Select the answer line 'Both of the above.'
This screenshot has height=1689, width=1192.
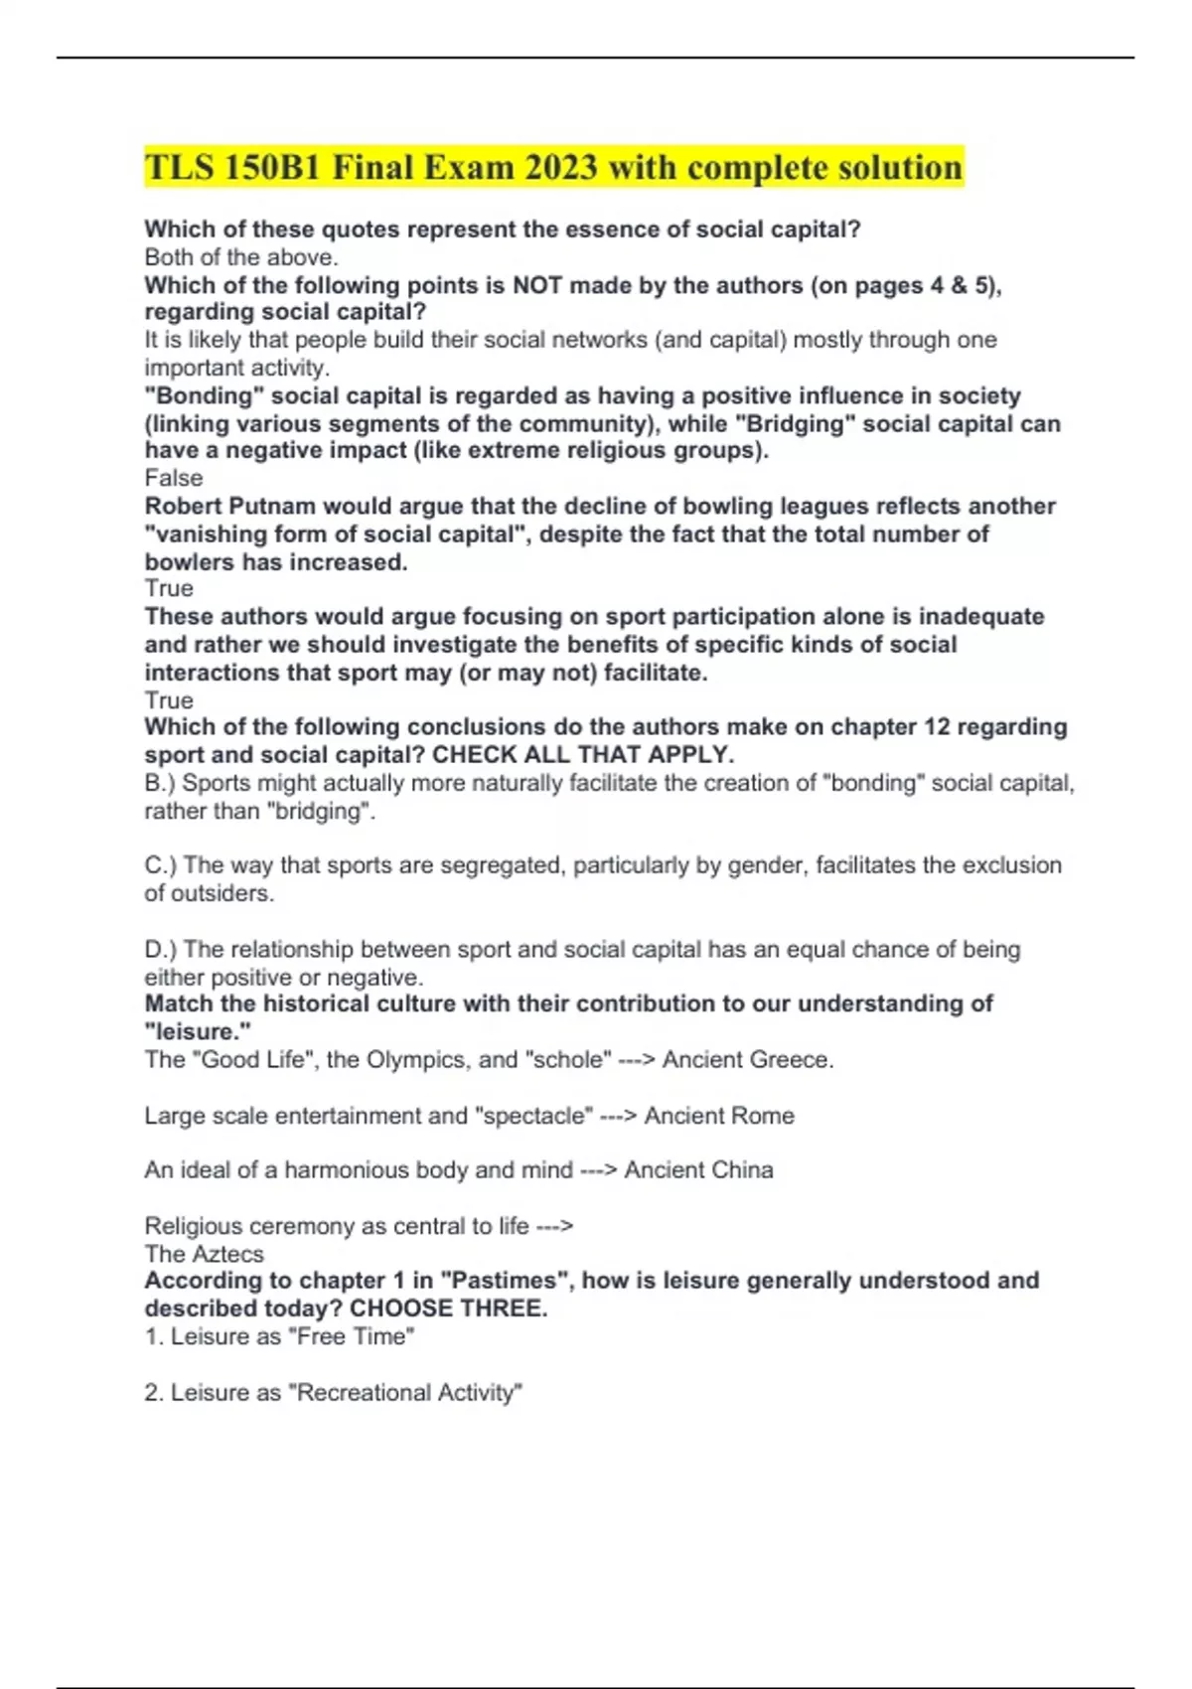(241, 257)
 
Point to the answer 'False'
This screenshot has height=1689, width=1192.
(174, 478)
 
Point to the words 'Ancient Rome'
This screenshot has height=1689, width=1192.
(719, 1116)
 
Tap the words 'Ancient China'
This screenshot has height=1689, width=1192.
(698, 1169)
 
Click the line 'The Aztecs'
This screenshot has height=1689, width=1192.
(205, 1254)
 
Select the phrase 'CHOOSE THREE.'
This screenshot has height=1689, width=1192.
(448, 1308)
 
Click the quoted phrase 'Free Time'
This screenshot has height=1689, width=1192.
(352, 1336)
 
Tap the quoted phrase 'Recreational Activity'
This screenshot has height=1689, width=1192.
(405, 1393)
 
